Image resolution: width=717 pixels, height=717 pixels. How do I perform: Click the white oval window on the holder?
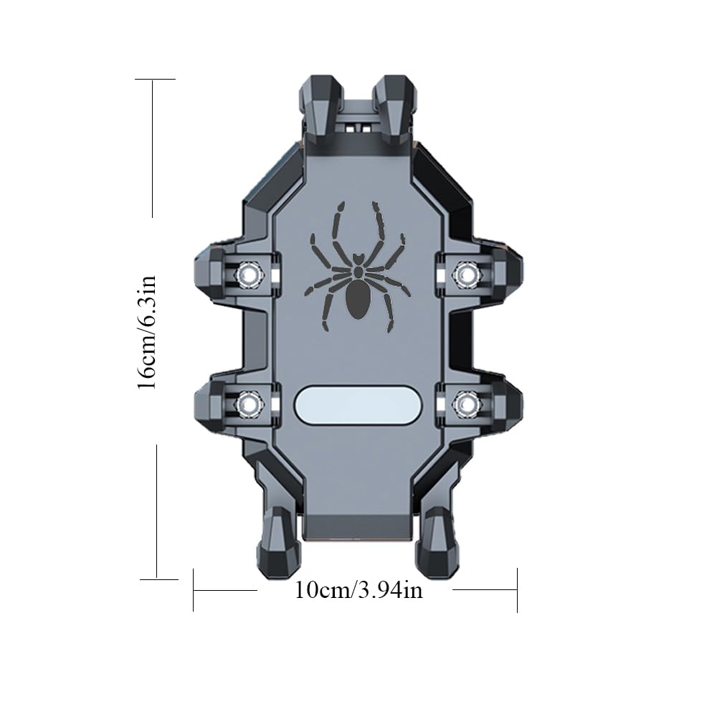358,405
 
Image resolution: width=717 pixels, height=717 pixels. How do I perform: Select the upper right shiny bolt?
467,275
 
